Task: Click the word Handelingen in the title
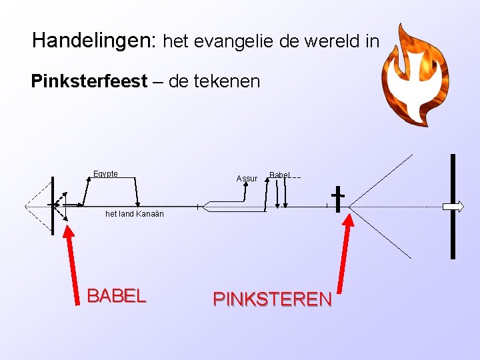pyautogui.click(x=92, y=42)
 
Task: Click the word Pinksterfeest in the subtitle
pyautogui.click(x=89, y=83)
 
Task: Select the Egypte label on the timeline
pyautogui.click(x=105, y=174)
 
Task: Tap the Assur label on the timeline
pyautogui.click(x=247, y=179)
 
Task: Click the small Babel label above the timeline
pyautogui.click(x=279, y=175)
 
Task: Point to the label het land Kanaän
pyautogui.click(x=135, y=214)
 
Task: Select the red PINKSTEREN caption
pyautogui.click(x=272, y=299)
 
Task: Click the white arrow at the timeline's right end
pyautogui.click(x=454, y=207)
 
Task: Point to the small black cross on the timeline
pyautogui.click(x=338, y=198)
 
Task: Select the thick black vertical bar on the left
pyautogui.click(x=53, y=206)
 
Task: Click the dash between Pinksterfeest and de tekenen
pyautogui.click(x=159, y=83)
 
